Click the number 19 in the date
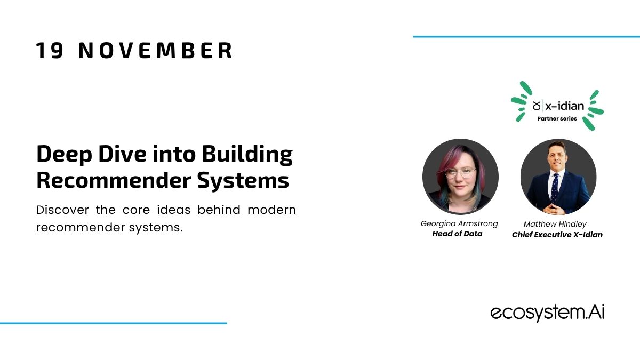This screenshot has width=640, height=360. coord(50,51)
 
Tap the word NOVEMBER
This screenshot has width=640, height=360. coord(155,51)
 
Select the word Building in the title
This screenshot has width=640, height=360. coord(247,154)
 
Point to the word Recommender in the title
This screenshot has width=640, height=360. coord(114,180)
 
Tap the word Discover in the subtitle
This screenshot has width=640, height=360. coord(62,210)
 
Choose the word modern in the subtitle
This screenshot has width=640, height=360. coord(271,210)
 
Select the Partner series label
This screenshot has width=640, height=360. coord(557,118)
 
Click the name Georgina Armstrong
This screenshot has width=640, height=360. coord(459,223)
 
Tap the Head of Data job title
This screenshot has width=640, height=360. coord(457,234)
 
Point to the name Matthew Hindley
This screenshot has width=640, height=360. coord(555,225)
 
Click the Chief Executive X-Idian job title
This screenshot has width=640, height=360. coord(557,235)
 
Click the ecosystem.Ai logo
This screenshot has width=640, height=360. coord(547,313)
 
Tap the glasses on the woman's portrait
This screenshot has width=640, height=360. coord(460,172)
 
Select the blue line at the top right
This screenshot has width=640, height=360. coord(526,37)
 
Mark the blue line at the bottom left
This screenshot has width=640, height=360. coord(114,323)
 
